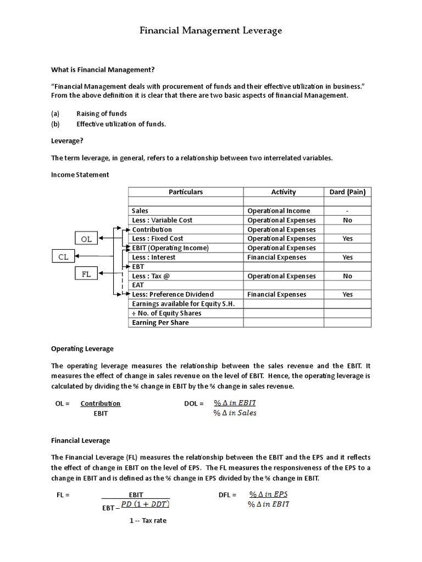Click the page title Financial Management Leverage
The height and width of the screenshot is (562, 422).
coord(210,31)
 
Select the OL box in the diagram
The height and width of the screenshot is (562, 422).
coord(86,239)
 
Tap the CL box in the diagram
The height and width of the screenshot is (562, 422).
coord(64,256)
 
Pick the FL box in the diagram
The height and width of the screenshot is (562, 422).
coord(86,274)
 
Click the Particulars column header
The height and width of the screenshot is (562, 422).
coord(186,192)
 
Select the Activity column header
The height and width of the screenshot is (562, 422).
coord(284,192)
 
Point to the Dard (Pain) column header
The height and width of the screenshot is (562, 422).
coord(347,192)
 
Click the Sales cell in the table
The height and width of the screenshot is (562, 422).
coord(140,211)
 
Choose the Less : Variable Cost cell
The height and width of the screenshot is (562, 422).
coord(162,220)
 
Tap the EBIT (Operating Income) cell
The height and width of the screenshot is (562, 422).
coord(170,248)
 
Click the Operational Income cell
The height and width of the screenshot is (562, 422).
coord(279,211)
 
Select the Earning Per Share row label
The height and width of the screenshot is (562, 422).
coord(160,323)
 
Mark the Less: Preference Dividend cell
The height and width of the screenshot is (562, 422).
coord(173,295)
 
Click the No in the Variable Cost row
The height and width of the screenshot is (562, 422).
coord(347,220)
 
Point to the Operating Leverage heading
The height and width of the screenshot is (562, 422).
coord(82,349)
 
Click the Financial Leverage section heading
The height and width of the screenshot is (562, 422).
coord(80,440)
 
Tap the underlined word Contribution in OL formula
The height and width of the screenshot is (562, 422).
coord(101,403)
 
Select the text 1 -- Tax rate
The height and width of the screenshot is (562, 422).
coord(148,520)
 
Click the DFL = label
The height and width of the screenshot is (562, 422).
coord(227,494)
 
